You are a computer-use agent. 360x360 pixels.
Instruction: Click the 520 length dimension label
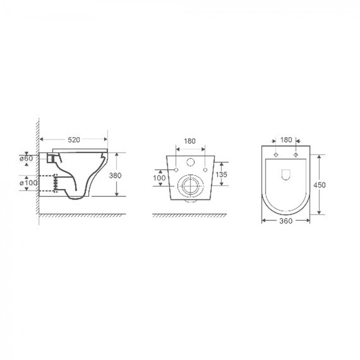[x=74, y=140]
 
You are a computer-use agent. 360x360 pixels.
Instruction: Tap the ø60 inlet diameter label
[x=26, y=158]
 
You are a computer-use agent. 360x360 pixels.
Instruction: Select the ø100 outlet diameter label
[x=28, y=183]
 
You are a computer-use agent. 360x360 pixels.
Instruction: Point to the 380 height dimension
[x=115, y=176]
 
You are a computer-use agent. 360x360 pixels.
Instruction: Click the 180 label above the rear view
[x=190, y=141]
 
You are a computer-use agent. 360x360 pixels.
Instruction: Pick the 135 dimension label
[x=221, y=174]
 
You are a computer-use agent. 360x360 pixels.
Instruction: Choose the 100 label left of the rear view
[x=159, y=178]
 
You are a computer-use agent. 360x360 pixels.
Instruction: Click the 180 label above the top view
[x=286, y=140]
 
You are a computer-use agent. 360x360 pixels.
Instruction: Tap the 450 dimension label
[x=319, y=185]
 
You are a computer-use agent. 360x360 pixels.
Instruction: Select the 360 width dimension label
[x=286, y=221]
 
